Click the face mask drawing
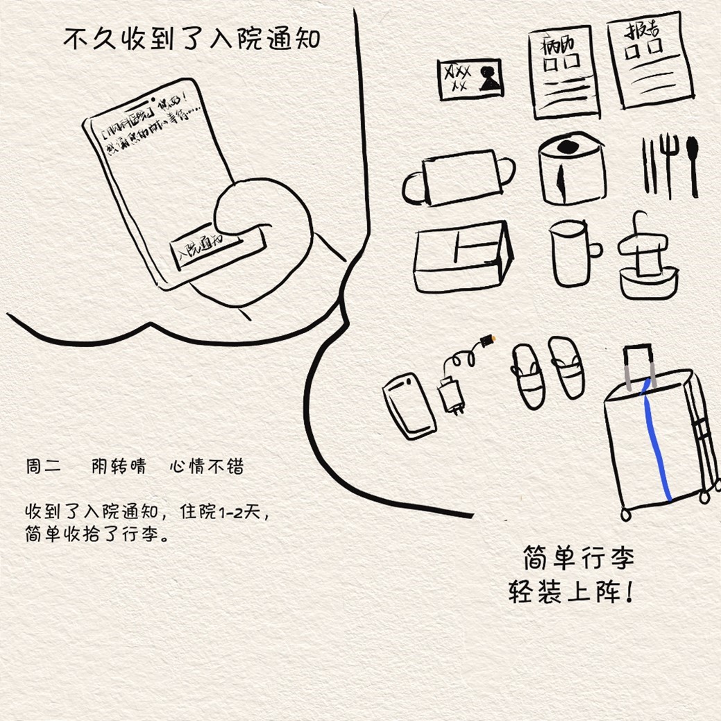[459, 178]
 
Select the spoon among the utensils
[692, 161]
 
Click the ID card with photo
[470, 78]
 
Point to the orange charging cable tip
[490, 340]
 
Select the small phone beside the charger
[409, 405]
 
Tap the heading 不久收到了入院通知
[192, 39]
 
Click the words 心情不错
[206, 466]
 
